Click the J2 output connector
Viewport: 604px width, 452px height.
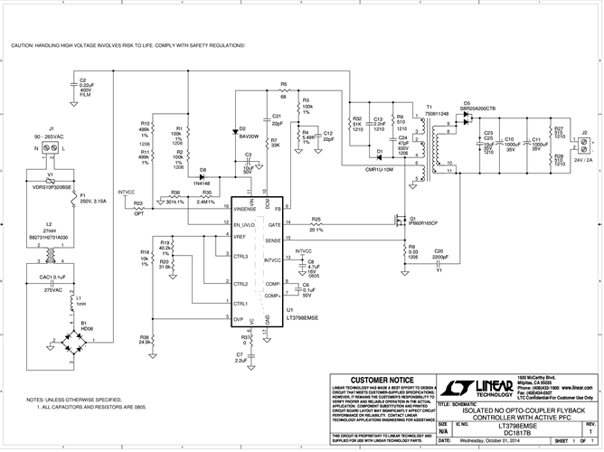click(x=585, y=144)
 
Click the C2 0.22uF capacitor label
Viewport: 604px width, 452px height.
click(x=89, y=85)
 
